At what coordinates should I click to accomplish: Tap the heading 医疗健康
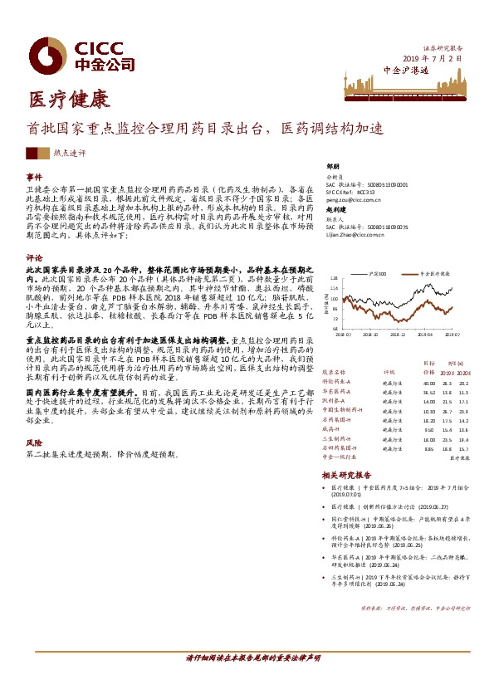click(57, 101)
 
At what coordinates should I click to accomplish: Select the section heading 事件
click(34, 178)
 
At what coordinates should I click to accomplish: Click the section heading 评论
click(34, 258)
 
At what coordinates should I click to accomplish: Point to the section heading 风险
click(34, 443)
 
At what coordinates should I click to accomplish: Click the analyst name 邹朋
click(333, 166)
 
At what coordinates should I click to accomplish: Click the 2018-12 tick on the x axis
click(397, 335)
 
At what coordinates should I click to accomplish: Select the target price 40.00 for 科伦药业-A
click(428, 384)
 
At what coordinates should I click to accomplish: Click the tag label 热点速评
click(69, 154)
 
